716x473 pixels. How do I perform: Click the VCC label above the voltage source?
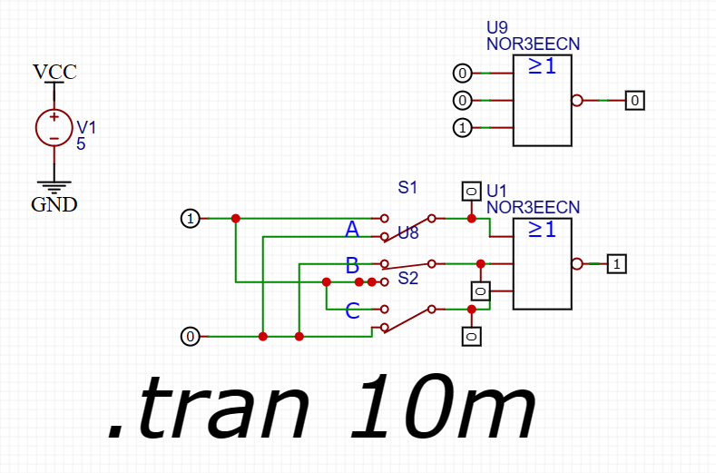(54, 72)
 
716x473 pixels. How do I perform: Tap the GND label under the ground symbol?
(54, 204)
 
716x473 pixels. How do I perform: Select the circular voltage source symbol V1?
(54, 127)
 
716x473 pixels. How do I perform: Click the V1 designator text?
(85, 127)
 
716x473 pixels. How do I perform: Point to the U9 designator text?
(497, 26)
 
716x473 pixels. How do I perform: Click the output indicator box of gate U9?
(635, 101)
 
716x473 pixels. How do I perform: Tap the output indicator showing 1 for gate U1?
(616, 264)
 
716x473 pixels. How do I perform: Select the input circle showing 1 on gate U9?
(462, 128)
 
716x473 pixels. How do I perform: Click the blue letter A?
(353, 231)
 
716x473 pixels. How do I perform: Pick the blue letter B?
(353, 267)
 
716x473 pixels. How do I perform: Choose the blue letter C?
(353, 311)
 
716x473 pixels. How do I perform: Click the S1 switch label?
(407, 188)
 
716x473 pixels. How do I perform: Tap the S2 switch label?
(407, 278)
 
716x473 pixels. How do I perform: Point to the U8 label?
(407, 234)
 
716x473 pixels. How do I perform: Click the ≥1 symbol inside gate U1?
(542, 230)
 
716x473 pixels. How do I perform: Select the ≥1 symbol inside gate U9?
(542, 65)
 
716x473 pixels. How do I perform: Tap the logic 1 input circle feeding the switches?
(190, 219)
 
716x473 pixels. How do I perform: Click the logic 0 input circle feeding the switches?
(190, 337)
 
